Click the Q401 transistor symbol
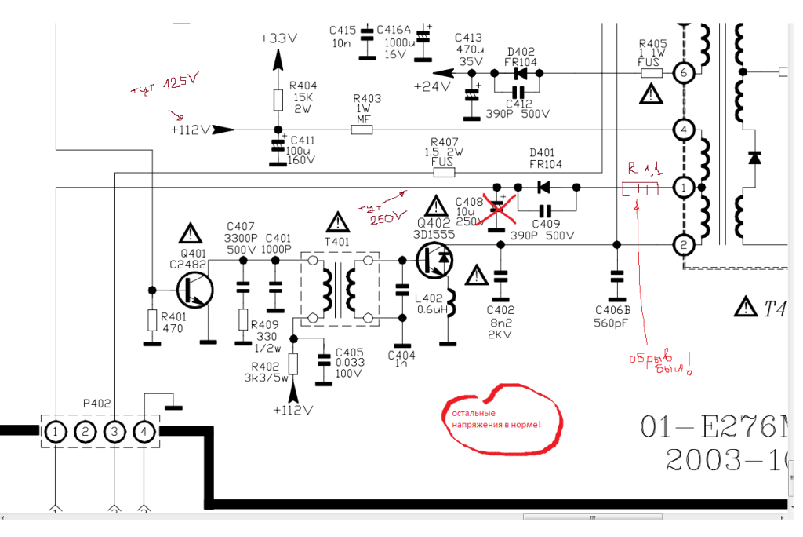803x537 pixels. [193, 289]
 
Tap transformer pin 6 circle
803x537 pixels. [683, 73]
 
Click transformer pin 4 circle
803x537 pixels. [683, 130]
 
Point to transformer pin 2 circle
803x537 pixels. [683, 245]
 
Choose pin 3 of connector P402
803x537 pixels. [114, 431]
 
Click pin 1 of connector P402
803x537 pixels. [55, 431]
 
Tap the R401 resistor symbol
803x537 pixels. [151, 320]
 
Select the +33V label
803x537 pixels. [278, 38]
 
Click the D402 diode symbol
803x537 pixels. [519, 73]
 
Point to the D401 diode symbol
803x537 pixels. [542, 188]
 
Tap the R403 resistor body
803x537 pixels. [362, 130]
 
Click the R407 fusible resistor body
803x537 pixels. [444, 171]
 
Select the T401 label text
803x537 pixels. [339, 242]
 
